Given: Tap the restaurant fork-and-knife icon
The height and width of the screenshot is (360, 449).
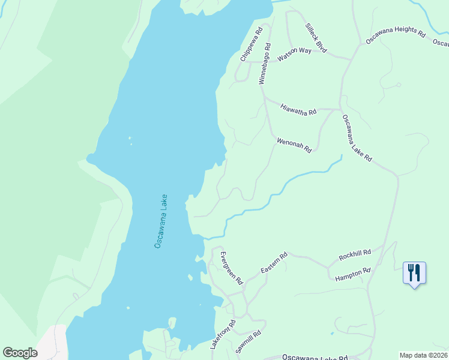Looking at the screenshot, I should click(414, 273).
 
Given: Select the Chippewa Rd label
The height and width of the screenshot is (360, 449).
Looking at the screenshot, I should click(251, 44).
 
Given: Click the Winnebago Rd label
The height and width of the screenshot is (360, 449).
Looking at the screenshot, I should click(264, 64).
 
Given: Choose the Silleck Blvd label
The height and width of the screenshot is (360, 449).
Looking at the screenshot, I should click(316, 38).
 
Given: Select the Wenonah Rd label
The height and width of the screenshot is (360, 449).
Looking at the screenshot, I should click(294, 145).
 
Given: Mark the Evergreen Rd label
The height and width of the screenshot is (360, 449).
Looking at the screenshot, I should click(231, 268).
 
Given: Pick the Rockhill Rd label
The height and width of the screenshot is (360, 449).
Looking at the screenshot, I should click(355, 254).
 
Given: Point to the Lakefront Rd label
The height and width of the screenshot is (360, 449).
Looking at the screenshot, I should click(223, 335).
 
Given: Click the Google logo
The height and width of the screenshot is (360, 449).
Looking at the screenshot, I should click(20, 353).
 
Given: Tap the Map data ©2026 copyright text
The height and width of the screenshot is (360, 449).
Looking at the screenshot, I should click(423, 355).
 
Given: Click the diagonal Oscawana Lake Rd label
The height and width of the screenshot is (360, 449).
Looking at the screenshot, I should click(357, 139).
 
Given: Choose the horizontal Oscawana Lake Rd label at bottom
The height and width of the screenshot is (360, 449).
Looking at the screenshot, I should click(315, 356).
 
